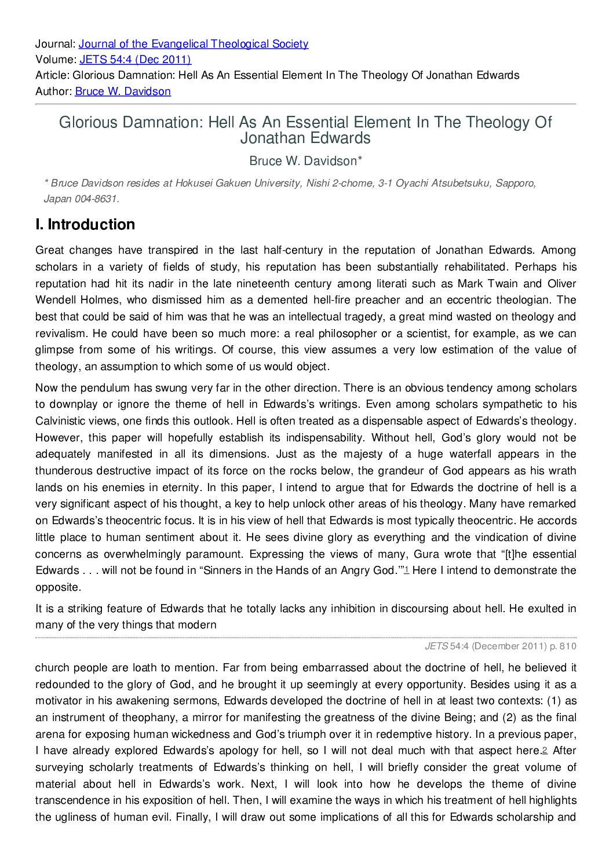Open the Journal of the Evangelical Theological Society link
point(193,44)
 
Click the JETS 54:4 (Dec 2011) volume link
point(135,60)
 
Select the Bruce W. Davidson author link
point(123,92)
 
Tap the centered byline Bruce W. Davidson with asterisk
point(306,161)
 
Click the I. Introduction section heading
point(85,225)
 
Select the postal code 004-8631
point(96,199)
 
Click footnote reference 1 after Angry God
point(406,570)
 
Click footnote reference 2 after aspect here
point(544,751)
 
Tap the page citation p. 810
point(563,646)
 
